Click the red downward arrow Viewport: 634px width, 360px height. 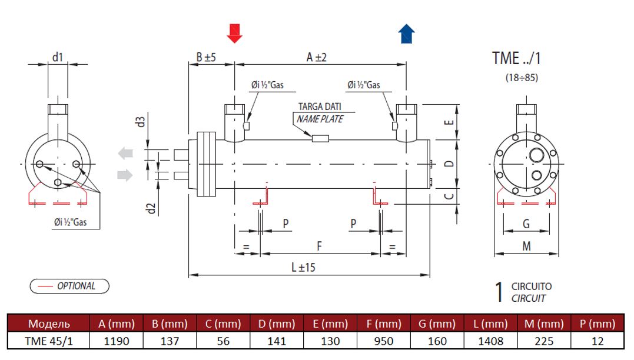[234, 34]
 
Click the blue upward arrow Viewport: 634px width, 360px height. [407, 34]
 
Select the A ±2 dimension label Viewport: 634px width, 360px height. [316, 57]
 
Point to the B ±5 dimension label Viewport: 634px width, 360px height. [207, 57]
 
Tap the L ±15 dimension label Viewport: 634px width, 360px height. [303, 266]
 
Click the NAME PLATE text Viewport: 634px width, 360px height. [320, 119]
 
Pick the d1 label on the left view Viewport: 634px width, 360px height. [57, 57]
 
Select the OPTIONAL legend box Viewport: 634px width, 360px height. [70, 286]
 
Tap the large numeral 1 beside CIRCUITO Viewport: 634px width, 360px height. [499, 292]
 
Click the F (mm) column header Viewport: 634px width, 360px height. [381, 323]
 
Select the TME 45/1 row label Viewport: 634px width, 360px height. [49, 341]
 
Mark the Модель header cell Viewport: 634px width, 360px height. [49, 323]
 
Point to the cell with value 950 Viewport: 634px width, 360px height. [381, 341]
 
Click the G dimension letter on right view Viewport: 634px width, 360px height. [526, 224]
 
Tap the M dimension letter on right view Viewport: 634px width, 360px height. [526, 246]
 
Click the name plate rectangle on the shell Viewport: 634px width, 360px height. [321, 139]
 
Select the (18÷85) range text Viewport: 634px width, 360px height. [521, 77]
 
